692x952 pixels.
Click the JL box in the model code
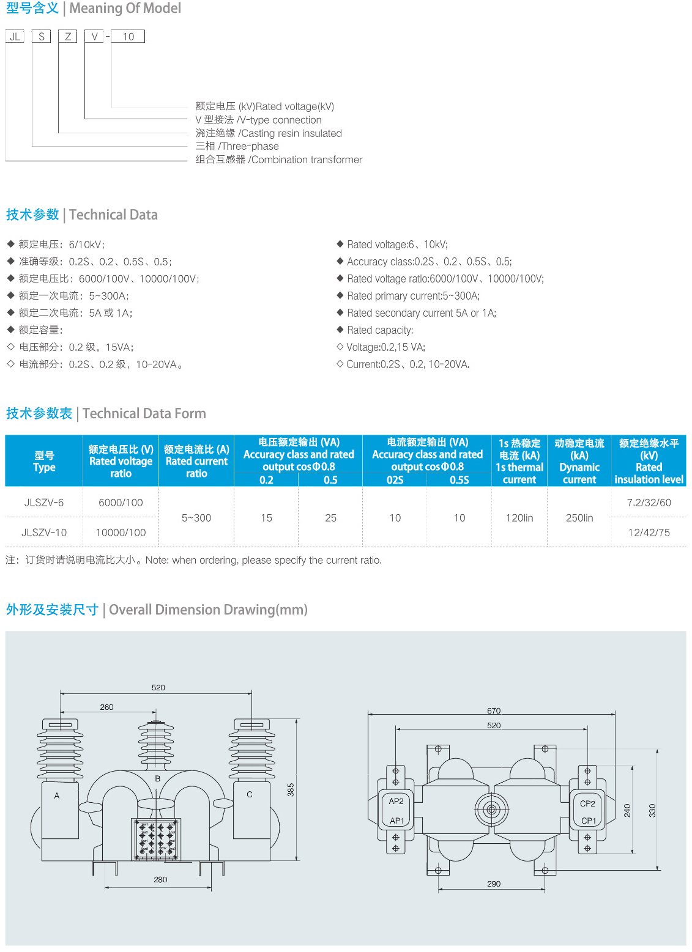pos(15,37)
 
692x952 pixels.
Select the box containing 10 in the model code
pos(128,37)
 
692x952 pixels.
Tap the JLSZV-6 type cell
pos(43,503)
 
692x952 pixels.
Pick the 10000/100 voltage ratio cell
pos(121,533)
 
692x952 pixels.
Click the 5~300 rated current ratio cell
pos(196,518)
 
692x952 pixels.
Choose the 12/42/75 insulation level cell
pos(649,533)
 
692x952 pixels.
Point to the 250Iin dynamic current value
pos(579,518)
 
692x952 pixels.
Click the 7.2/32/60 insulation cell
pos(649,503)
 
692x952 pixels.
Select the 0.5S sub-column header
pos(459,480)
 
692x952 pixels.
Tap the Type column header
pos(43,462)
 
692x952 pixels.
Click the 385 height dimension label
pos(291,789)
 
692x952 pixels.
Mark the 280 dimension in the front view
pos(160,879)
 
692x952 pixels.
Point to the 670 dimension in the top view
pos(494,710)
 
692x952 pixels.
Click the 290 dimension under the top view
pos(494,884)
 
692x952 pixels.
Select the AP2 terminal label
pos(396,801)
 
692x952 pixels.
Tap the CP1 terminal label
pos(588,821)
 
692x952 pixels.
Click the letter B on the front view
pos(158,778)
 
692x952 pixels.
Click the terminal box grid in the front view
pos(156,839)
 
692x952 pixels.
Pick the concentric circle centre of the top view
pos(491,810)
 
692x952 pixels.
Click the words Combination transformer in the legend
pos(307,160)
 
